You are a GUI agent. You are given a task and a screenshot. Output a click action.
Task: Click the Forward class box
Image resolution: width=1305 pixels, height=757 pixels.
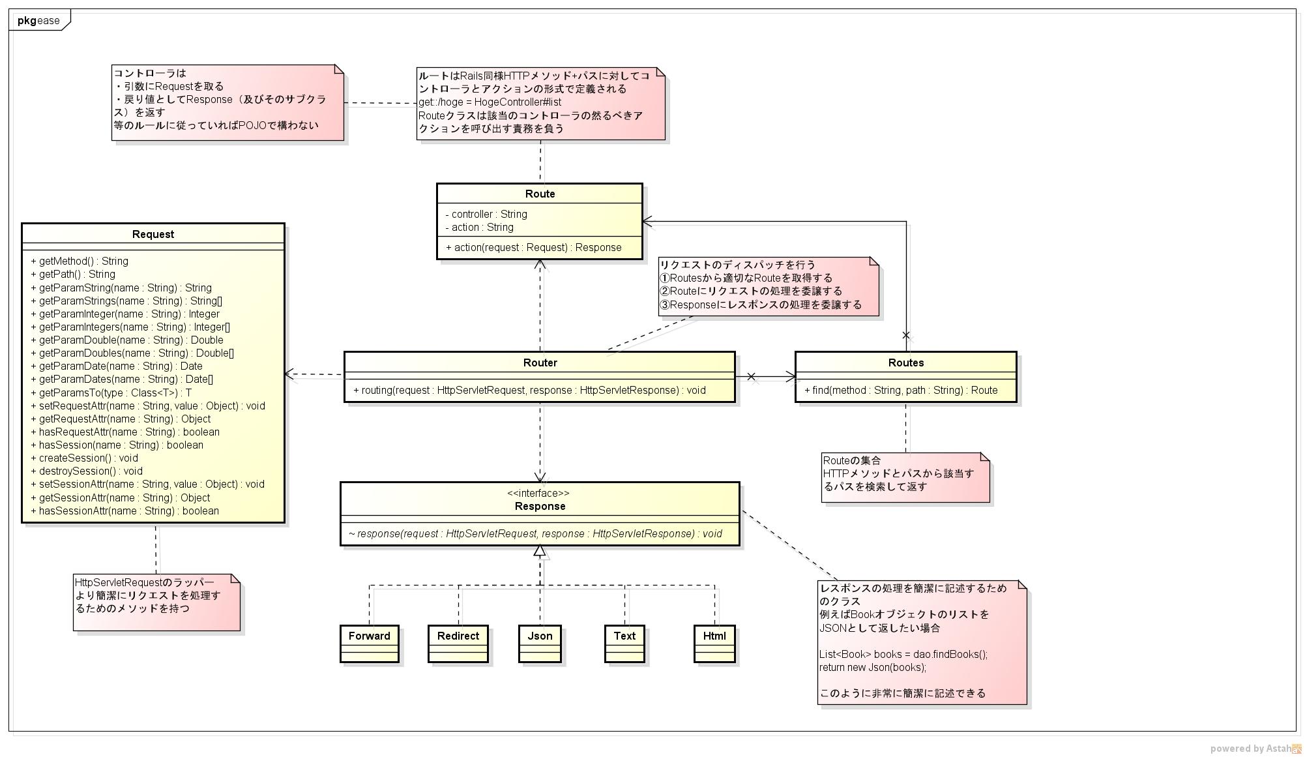(x=369, y=643)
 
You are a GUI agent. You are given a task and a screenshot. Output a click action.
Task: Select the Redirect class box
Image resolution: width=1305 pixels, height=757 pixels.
(x=458, y=643)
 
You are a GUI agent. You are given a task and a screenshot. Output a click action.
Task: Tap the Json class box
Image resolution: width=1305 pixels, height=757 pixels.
(x=540, y=643)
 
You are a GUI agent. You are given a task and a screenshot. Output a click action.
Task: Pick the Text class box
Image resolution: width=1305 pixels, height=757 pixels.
(x=624, y=643)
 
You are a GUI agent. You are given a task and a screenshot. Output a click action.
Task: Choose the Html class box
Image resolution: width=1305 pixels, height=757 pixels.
(x=714, y=643)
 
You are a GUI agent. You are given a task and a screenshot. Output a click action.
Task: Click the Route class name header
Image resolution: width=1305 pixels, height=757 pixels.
(x=540, y=194)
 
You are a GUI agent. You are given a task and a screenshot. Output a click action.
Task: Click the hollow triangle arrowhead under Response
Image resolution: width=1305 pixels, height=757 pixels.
(x=539, y=551)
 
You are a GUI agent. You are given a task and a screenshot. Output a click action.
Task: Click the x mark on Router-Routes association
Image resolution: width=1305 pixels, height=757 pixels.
(x=751, y=376)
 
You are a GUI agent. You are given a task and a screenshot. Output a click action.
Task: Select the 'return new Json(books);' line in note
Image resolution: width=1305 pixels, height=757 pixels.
(x=872, y=667)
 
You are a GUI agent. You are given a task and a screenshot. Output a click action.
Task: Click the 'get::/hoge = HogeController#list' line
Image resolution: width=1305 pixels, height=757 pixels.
(x=490, y=102)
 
